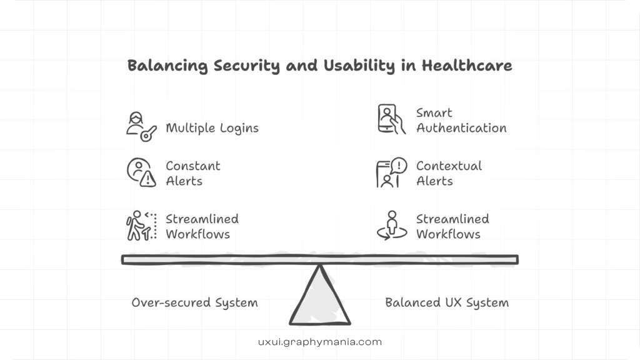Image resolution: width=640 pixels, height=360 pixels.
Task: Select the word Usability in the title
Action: [354, 66]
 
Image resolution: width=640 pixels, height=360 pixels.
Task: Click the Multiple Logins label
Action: [212, 128]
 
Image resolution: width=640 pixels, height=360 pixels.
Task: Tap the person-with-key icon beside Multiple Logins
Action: [141, 127]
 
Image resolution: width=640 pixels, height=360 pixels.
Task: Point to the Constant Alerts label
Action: [192, 173]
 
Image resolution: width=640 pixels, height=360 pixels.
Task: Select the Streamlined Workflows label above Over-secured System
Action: [202, 226]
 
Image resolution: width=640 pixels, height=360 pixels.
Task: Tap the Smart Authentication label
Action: [461, 120]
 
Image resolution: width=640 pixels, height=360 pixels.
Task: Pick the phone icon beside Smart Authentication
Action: [391, 119]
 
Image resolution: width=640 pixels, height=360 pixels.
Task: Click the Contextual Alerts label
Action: [449, 173]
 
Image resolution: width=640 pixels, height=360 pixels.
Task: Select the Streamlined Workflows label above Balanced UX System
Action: [452, 226]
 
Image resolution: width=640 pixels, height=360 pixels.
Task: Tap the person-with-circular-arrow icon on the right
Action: [391, 226]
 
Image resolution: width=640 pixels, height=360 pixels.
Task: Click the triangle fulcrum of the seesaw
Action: [320, 296]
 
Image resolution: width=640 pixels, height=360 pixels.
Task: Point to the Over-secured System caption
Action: [194, 302]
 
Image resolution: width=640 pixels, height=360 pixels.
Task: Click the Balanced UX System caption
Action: [447, 302]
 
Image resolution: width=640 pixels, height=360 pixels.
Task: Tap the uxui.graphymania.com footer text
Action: [319, 342]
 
